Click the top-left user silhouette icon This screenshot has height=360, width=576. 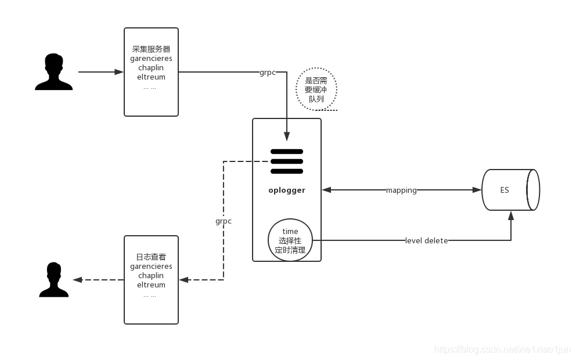point(53,72)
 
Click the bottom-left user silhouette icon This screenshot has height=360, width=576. point(53,280)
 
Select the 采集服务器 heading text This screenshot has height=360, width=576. point(151,49)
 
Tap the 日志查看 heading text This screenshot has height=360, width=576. point(151,257)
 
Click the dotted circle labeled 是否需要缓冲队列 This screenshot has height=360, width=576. point(316,90)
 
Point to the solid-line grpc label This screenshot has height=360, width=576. point(268,73)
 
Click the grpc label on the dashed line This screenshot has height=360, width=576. point(224,221)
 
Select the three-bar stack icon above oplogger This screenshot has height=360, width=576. point(287,161)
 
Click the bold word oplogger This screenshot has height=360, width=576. point(287,190)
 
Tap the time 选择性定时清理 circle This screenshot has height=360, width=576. point(290,240)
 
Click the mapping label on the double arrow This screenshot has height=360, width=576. point(401,190)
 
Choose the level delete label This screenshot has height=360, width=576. point(426,240)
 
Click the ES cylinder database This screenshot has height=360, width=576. point(510,190)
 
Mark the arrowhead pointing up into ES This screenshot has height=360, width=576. point(511,215)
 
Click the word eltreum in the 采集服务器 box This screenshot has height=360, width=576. point(151,77)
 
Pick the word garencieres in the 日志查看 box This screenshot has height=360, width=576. point(151,267)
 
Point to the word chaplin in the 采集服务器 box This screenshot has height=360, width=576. point(151,68)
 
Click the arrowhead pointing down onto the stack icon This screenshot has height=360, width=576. point(287,136)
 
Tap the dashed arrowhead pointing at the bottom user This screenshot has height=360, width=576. point(77,280)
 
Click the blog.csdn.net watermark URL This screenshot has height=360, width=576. point(503,350)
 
